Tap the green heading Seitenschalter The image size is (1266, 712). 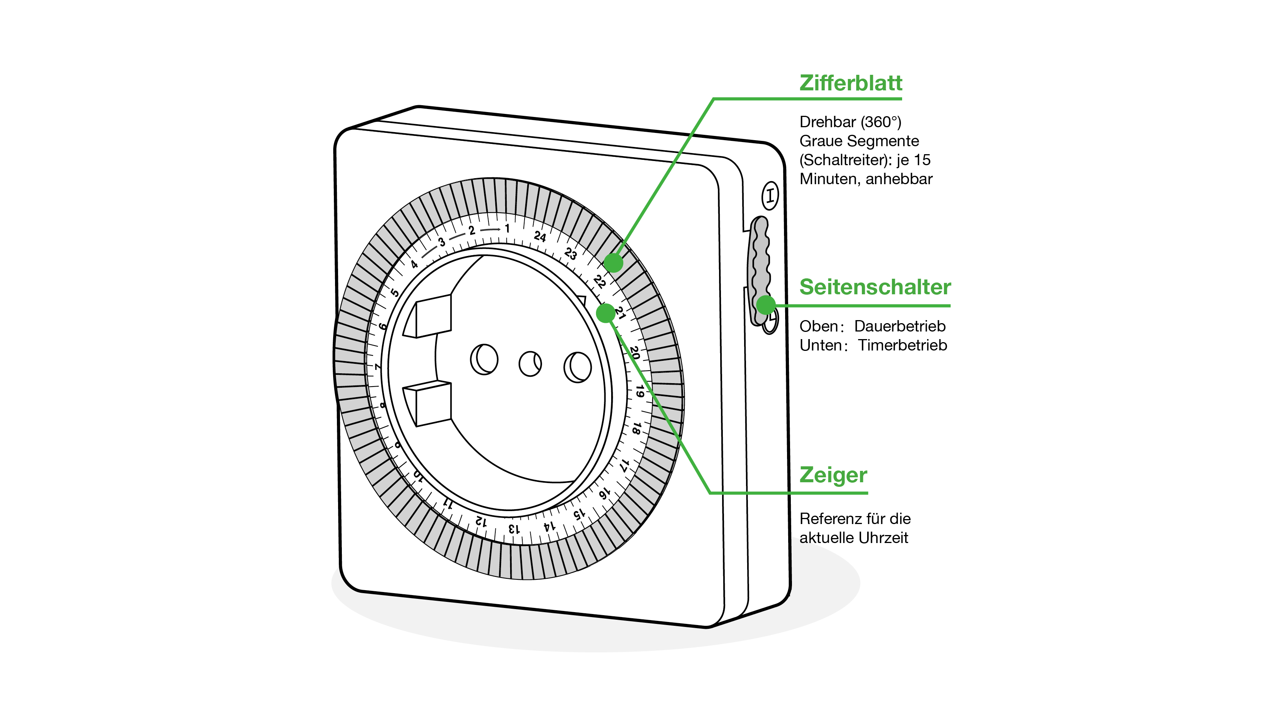point(875,287)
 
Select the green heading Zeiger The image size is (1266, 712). point(833,475)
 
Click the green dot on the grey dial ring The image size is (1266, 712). point(613,263)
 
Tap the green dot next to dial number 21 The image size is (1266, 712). point(605,313)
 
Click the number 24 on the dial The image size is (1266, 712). point(540,236)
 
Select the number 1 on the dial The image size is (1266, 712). point(507,229)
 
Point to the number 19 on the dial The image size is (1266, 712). point(639,391)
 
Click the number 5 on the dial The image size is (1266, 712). point(395,292)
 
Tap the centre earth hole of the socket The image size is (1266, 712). point(530,364)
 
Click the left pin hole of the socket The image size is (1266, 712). point(484,359)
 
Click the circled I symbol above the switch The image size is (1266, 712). point(770,196)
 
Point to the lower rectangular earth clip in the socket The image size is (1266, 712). point(433,404)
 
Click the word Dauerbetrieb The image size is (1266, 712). point(899,326)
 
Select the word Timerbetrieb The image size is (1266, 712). point(902,346)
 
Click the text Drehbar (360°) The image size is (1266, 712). point(850,122)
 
